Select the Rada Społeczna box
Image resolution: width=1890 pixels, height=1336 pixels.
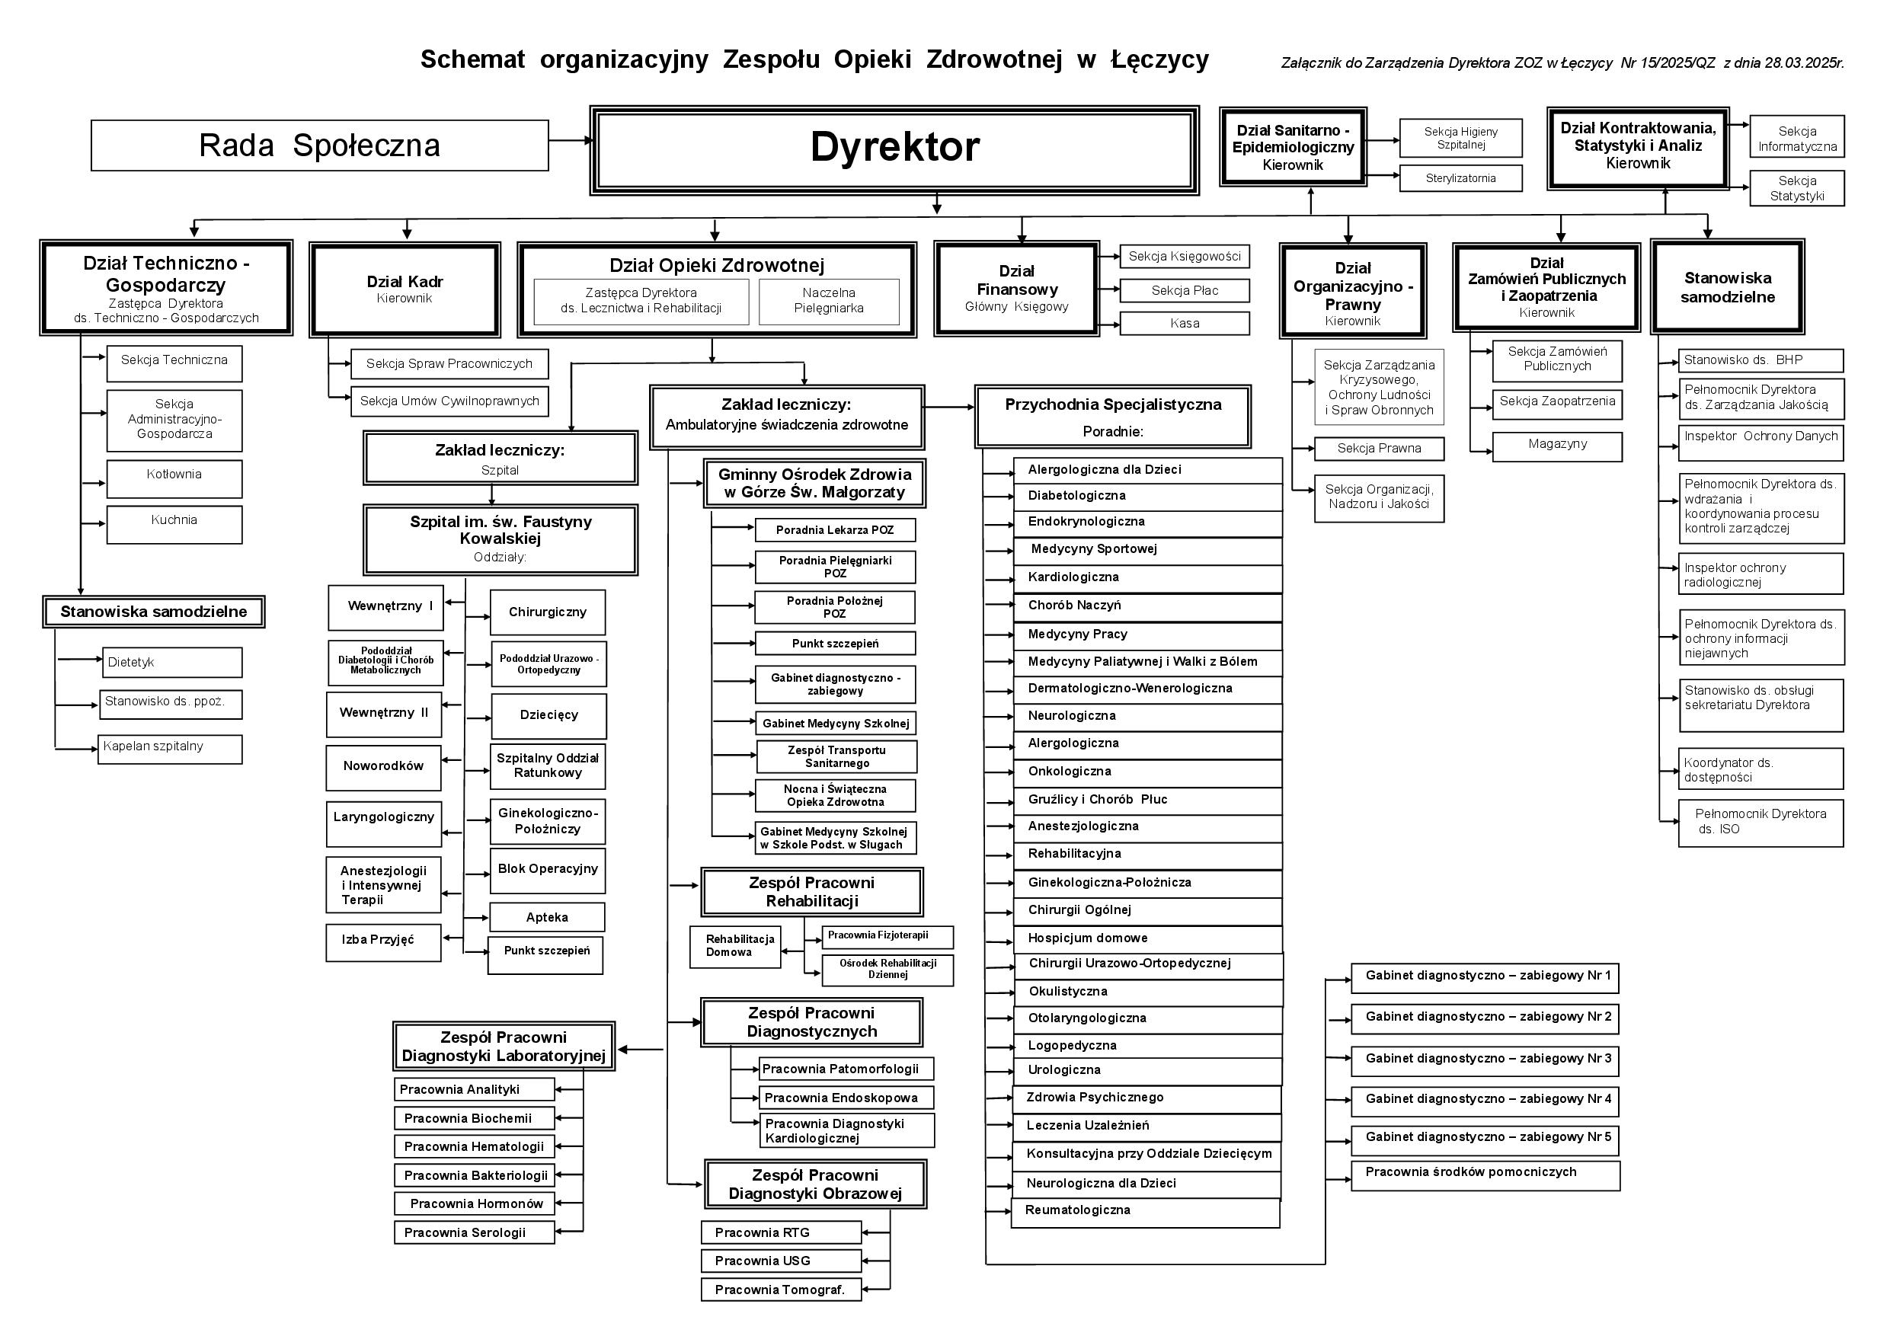click(x=319, y=145)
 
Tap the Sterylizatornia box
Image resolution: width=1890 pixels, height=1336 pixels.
click(x=1460, y=177)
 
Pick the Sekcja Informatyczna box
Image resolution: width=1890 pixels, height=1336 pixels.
click(x=1797, y=139)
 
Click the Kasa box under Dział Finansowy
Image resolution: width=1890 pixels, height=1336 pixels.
click(x=1184, y=324)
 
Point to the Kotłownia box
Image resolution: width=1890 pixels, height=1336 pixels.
click(x=174, y=478)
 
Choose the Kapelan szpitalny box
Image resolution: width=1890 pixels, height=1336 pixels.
click(x=170, y=749)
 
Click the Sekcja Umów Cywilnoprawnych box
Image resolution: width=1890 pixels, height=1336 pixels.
click(x=449, y=401)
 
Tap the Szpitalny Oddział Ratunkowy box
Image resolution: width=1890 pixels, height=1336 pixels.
click(x=548, y=765)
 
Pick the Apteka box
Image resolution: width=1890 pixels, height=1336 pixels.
click(x=547, y=917)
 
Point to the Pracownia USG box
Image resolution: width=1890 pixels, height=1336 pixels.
click(x=780, y=1261)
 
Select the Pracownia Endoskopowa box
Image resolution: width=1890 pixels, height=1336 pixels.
click(x=846, y=1098)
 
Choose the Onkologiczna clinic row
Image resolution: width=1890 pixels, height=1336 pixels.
click(x=1146, y=772)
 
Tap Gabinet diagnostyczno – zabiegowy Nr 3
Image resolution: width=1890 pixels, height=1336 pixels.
click(x=1484, y=1060)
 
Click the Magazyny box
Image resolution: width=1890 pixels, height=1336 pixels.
click(x=1556, y=446)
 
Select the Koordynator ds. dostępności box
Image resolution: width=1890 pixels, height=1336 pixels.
click(x=1760, y=769)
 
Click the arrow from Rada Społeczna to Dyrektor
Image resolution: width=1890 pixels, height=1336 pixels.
click(x=570, y=141)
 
